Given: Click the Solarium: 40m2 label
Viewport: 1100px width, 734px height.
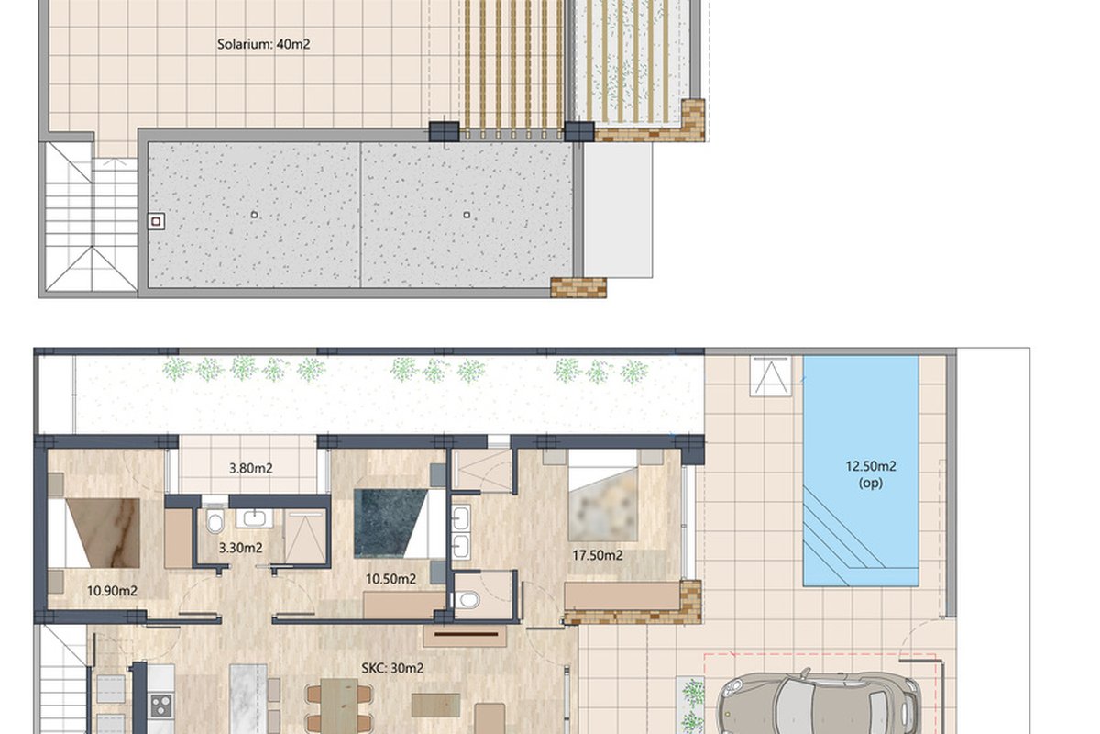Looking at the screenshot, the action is pyautogui.click(x=264, y=44).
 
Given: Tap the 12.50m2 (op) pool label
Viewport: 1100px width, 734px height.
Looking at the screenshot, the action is pyautogui.click(x=871, y=474).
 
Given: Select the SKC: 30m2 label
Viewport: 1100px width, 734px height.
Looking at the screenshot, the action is pyautogui.click(x=392, y=668).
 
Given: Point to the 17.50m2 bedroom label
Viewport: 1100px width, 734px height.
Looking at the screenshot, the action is pyautogui.click(x=598, y=555).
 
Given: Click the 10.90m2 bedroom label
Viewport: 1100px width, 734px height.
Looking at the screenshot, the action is pyautogui.click(x=112, y=591).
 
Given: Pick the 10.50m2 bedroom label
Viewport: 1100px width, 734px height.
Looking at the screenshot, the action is pyautogui.click(x=390, y=579).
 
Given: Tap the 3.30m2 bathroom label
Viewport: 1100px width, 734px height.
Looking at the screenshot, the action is pyautogui.click(x=240, y=548).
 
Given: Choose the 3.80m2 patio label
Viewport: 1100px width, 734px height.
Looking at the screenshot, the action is pyautogui.click(x=251, y=468).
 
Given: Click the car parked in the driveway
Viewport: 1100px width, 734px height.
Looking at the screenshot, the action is pyautogui.click(x=818, y=702).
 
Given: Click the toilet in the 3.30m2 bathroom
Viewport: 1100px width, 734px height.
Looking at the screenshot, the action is pyautogui.click(x=215, y=522).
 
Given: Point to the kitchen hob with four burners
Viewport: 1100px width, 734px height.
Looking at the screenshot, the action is pyautogui.click(x=161, y=706).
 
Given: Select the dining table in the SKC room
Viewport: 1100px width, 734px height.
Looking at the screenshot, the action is pyautogui.click(x=339, y=706).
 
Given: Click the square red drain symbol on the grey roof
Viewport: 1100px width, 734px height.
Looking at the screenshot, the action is pyautogui.click(x=156, y=222).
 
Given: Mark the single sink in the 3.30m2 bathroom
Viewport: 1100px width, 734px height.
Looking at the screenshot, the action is pyautogui.click(x=254, y=518).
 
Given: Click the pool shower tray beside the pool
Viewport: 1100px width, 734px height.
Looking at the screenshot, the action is pyautogui.click(x=771, y=376).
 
